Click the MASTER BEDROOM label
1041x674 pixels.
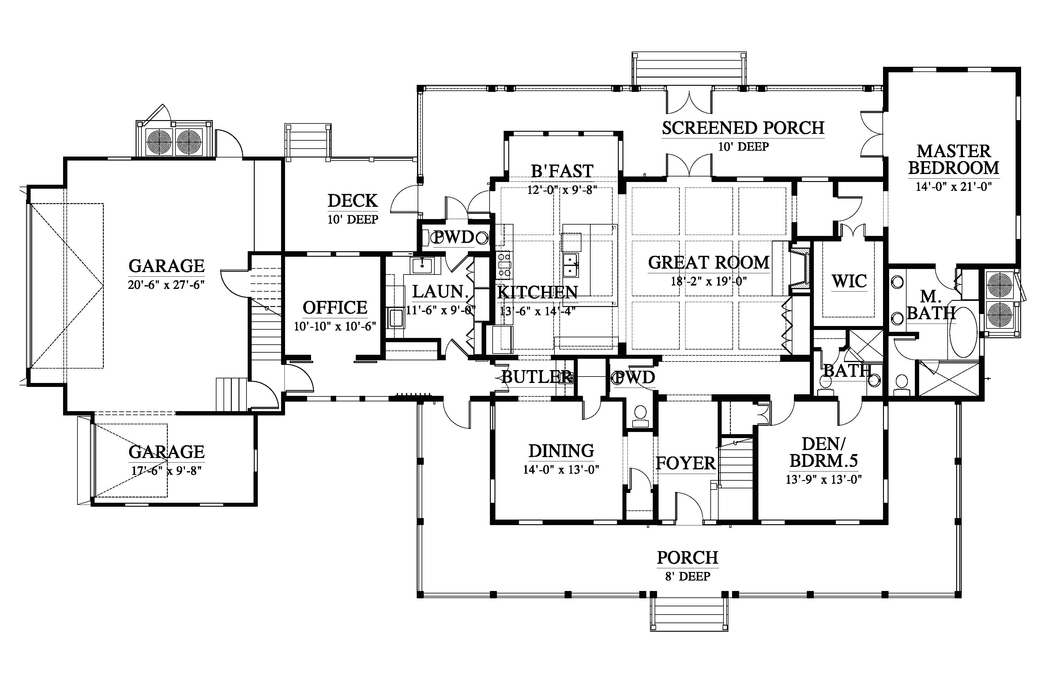click(x=953, y=160)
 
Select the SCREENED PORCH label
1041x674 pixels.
click(x=743, y=128)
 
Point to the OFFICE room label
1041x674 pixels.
click(x=335, y=308)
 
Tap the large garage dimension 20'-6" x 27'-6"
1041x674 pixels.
click(x=166, y=285)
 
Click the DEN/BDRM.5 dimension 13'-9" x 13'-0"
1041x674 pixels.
click(x=824, y=480)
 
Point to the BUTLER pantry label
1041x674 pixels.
click(x=536, y=377)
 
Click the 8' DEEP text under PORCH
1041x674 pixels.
click(x=688, y=576)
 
